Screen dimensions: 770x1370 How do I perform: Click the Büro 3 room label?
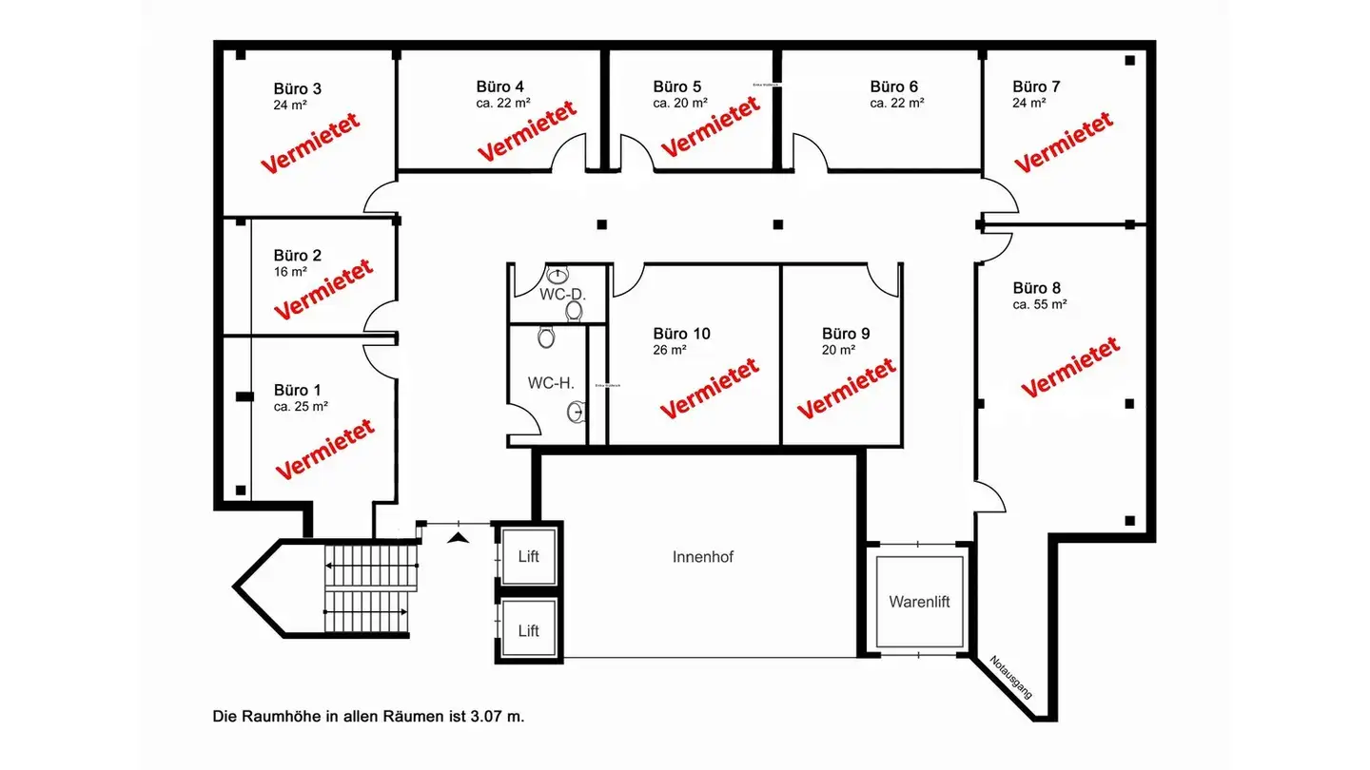(x=297, y=89)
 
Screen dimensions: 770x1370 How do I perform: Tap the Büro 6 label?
(x=893, y=87)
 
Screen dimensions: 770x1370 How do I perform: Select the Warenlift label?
(x=919, y=602)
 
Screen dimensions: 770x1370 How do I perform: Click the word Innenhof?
(x=703, y=557)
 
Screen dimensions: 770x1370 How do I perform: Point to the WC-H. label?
(x=551, y=383)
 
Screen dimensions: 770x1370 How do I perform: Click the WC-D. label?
(x=562, y=295)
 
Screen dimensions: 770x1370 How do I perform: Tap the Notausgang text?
(x=1011, y=677)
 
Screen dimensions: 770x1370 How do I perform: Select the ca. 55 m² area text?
(x=1040, y=304)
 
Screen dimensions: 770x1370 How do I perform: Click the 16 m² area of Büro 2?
(x=290, y=272)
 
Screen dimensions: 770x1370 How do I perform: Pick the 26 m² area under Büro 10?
(x=670, y=350)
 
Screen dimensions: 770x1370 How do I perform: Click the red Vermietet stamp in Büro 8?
(x=1070, y=368)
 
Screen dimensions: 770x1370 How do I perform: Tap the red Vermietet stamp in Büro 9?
(x=846, y=388)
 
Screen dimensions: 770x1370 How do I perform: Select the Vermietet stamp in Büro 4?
(x=527, y=130)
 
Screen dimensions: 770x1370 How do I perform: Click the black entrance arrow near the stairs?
(x=460, y=538)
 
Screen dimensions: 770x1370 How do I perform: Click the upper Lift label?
(x=529, y=556)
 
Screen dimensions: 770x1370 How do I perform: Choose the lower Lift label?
(x=529, y=630)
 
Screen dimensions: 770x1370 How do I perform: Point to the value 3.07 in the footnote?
(x=486, y=716)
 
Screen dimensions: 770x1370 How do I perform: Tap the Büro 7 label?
(x=1036, y=87)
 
